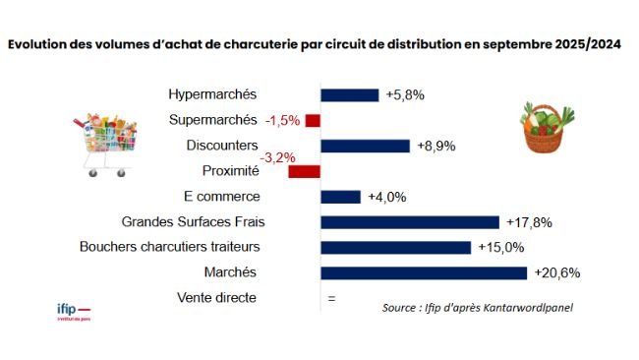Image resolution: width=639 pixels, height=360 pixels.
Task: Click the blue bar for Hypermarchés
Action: (x=349, y=95)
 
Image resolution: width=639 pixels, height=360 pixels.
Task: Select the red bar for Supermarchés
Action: (x=313, y=120)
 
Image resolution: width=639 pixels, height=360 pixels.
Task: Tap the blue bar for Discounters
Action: (x=365, y=146)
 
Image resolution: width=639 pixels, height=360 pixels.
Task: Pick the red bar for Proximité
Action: (x=304, y=171)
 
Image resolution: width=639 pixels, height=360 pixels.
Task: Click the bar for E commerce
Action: (x=340, y=197)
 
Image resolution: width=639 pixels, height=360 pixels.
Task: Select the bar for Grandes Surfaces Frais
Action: (x=410, y=221)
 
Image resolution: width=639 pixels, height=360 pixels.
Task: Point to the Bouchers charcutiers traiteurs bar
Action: (x=396, y=247)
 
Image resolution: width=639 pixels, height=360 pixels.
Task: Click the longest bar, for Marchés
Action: (x=424, y=272)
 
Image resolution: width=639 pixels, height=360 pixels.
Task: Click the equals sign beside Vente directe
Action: (x=330, y=298)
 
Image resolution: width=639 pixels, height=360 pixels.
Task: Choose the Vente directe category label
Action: (x=216, y=297)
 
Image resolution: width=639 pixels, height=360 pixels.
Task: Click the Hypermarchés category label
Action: (x=212, y=94)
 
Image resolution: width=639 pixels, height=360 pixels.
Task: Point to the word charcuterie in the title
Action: (x=258, y=45)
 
